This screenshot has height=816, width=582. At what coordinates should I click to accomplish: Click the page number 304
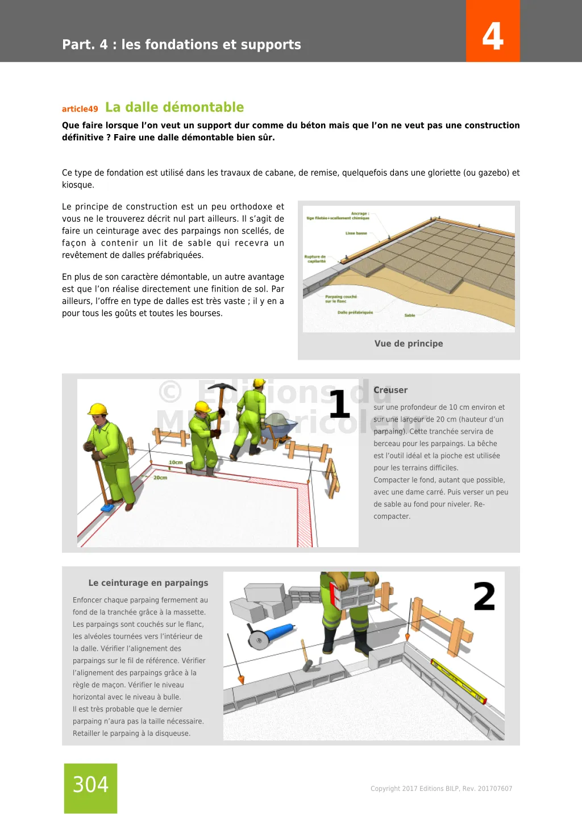(x=90, y=785)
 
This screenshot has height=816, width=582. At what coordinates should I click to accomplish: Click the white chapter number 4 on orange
(x=493, y=36)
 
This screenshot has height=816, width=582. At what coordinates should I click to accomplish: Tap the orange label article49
(x=80, y=109)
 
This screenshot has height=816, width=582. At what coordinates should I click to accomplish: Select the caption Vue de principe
(x=409, y=343)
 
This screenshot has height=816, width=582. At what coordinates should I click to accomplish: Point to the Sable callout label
(x=410, y=315)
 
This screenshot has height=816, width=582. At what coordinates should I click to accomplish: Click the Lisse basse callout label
(x=356, y=234)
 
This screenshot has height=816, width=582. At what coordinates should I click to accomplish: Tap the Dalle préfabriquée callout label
(x=355, y=313)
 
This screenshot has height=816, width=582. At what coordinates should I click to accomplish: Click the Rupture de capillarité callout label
(x=315, y=259)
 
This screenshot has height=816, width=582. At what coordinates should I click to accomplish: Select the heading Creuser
(x=390, y=390)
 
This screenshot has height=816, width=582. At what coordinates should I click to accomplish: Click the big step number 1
(x=339, y=403)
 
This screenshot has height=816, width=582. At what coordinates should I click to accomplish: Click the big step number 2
(x=484, y=597)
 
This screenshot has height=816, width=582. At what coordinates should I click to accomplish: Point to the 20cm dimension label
(x=160, y=478)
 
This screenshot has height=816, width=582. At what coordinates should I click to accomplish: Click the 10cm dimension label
(x=176, y=463)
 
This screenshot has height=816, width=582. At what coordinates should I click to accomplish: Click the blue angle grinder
(x=272, y=634)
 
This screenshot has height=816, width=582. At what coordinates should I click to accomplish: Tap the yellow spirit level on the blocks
(x=458, y=681)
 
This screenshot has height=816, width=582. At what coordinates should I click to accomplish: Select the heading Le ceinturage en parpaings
(x=148, y=583)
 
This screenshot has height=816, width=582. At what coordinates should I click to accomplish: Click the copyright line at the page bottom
(x=441, y=789)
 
